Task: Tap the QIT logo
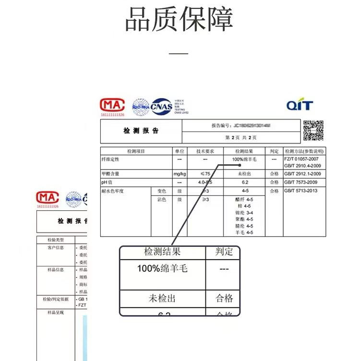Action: pos(300,106)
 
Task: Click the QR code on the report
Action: pos(313,131)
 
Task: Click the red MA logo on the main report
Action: pos(112,105)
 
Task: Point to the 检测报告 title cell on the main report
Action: pos(141,131)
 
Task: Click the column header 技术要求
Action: pos(205,151)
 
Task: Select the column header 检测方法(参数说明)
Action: pos(304,151)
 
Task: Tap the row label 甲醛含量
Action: pos(110,173)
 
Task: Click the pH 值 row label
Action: pos(107,182)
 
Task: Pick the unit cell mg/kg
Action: pos(180,173)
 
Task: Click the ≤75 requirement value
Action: pos(205,173)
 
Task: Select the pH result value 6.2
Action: pos(245,182)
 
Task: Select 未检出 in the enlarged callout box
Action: pos(162,299)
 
